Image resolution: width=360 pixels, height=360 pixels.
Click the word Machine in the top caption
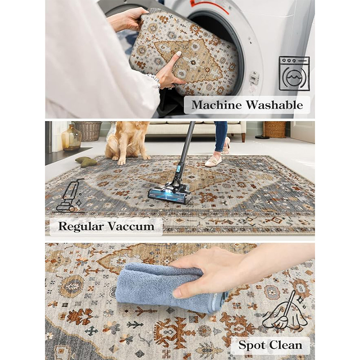pyautogui.click(x=217, y=105)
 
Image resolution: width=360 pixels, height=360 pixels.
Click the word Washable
pyautogui.click(x=274, y=105)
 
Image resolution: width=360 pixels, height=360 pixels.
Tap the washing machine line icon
pyautogui.click(x=294, y=73)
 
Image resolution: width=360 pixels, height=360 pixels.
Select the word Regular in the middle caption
pyautogui.click(x=81, y=226)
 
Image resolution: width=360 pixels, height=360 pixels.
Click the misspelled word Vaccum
pyautogui.click(x=131, y=226)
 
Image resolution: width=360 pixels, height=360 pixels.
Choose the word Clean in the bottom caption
pyautogui.click(x=286, y=345)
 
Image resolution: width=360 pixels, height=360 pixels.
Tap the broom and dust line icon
pyautogui.click(x=285, y=311)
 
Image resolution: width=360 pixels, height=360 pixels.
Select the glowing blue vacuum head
pyautogui.click(x=170, y=193)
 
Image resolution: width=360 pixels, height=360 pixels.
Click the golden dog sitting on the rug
pyautogui.click(x=126, y=142)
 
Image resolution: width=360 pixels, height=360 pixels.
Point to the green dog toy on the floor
pyautogui.click(x=86, y=162)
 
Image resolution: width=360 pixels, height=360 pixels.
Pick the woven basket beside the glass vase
pyautogui.click(x=88, y=131)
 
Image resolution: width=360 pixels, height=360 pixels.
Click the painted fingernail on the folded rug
pyautogui.click(x=179, y=54)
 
